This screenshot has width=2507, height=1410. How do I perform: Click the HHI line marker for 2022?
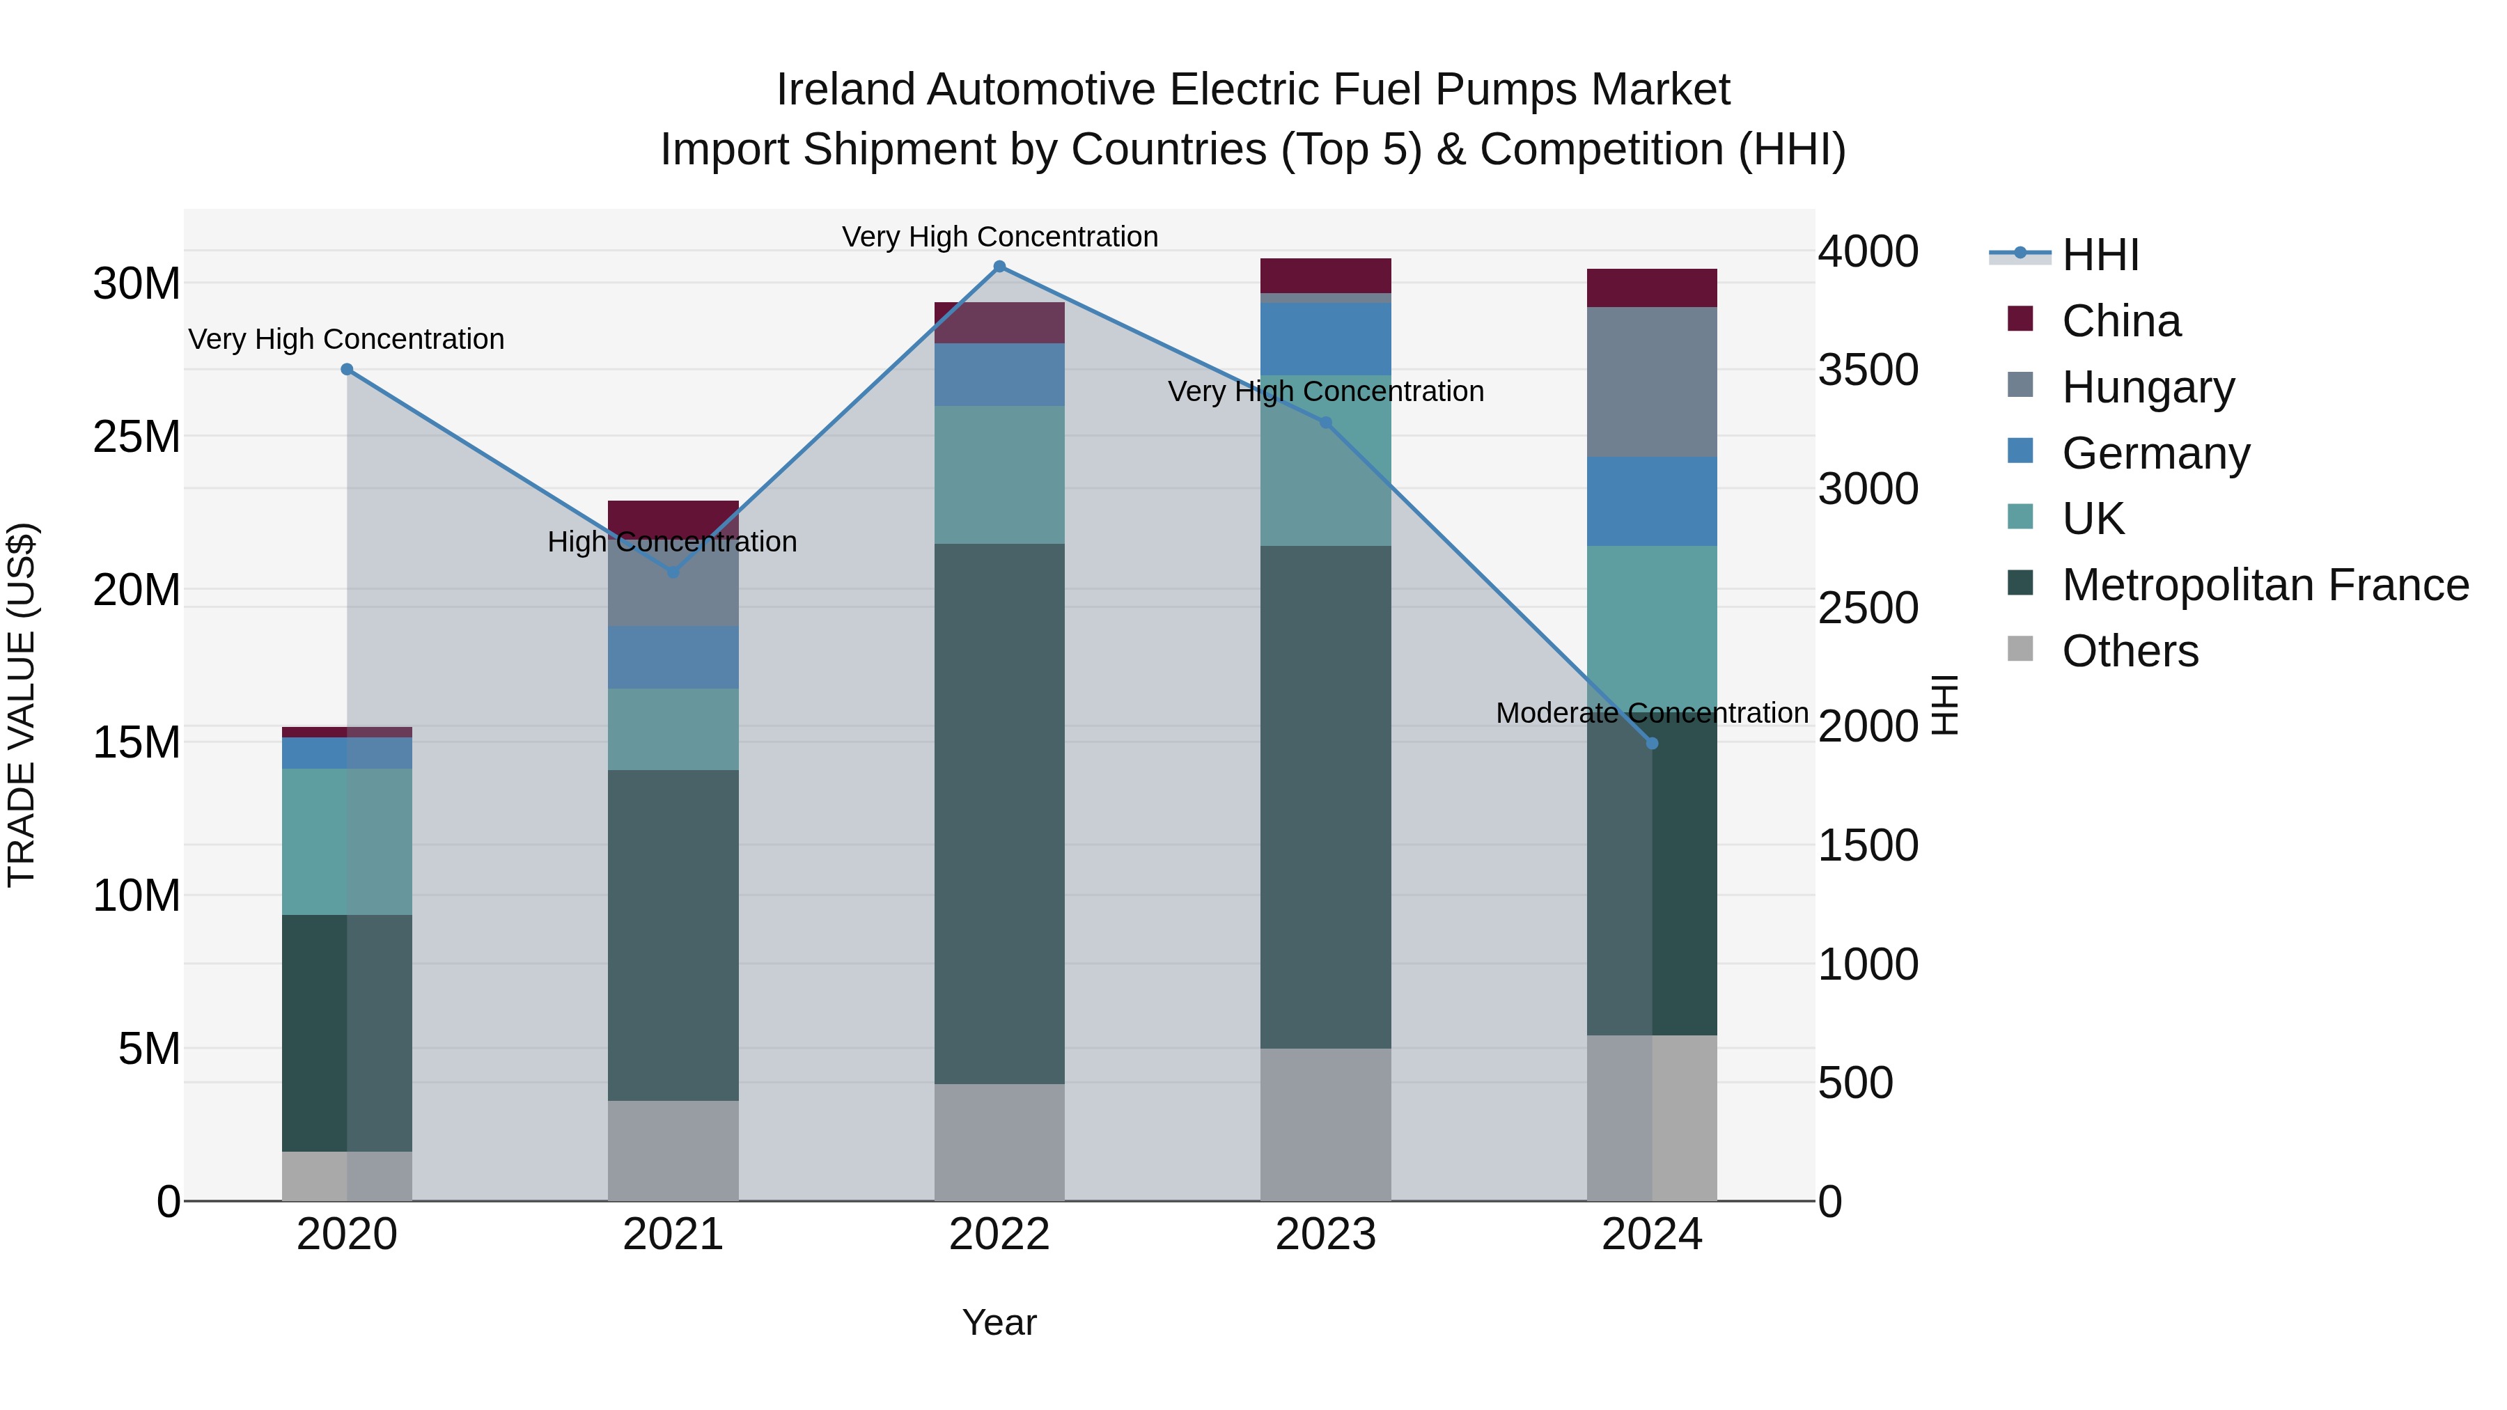point(999,267)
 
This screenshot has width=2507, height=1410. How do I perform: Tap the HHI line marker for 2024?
point(1652,744)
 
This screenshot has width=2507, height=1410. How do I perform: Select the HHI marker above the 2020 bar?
point(347,370)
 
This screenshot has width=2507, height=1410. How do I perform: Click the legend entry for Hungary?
point(2147,387)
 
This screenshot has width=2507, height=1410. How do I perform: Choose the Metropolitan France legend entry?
point(2265,585)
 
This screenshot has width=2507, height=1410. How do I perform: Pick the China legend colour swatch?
point(2020,319)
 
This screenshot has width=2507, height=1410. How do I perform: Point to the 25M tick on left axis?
point(136,437)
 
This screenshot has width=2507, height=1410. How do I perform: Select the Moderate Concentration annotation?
point(1652,713)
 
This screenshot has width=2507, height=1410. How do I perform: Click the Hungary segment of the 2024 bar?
point(1652,382)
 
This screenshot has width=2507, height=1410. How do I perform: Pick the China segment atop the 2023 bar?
point(1325,275)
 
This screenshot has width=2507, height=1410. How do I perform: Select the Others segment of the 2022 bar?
point(999,1143)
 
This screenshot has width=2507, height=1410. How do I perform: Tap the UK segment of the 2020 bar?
point(347,842)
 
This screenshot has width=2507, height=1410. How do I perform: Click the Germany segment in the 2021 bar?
point(673,658)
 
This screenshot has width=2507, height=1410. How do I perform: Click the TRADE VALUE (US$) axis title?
point(22,705)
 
